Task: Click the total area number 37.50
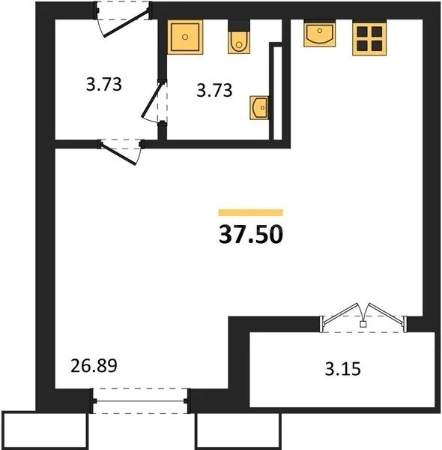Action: (x=250, y=235)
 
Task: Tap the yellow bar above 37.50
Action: (x=250, y=213)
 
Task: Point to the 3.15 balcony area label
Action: (x=341, y=369)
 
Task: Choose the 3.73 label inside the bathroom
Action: (x=213, y=91)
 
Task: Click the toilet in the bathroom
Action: (x=239, y=42)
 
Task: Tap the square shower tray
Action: (x=185, y=37)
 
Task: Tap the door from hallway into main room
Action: (x=121, y=149)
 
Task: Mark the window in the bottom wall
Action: (x=140, y=400)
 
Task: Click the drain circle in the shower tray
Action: (x=185, y=37)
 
